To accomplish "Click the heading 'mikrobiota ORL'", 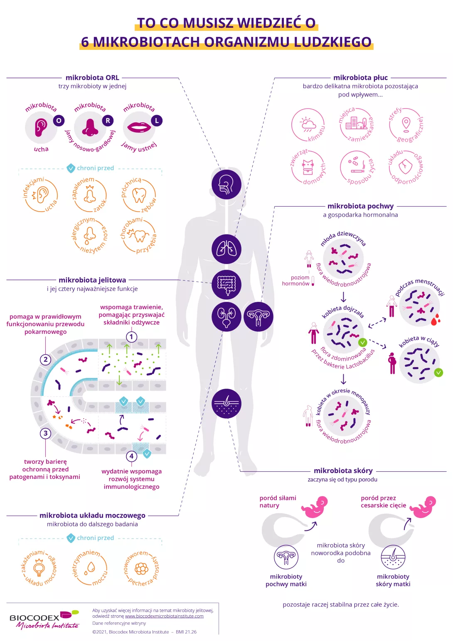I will [x=92, y=78].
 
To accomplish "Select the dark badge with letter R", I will [x=108, y=121].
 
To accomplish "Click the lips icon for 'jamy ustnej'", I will [x=139, y=127].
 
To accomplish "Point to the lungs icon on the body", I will [x=226, y=249].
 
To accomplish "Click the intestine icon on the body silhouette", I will [x=226, y=284].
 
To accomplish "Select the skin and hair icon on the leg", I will [x=226, y=404].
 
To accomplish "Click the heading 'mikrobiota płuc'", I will [x=360, y=78].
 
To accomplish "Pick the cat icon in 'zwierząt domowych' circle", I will [x=308, y=167].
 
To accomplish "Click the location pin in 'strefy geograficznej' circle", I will [x=406, y=123].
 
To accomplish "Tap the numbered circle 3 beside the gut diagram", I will [x=46, y=433].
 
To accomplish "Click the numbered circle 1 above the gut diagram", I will [x=131, y=337].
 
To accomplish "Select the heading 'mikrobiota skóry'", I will [x=343, y=471].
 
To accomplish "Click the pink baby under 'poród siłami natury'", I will [x=315, y=507].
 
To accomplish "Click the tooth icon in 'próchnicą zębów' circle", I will [x=139, y=195].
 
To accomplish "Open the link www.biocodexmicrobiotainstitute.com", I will [x=164, y=616].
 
